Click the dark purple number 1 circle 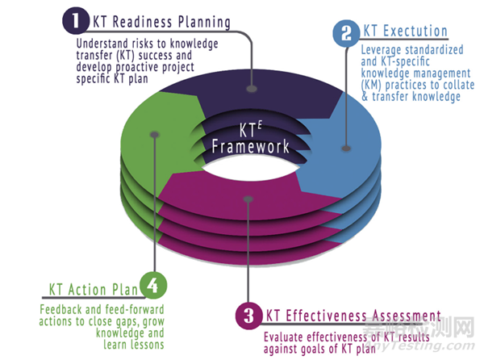coord(76,21)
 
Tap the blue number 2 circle coord(346,33)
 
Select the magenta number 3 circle coord(248,316)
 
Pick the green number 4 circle coord(153,285)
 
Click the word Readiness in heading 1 coord(142,23)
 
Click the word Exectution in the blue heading coord(415,31)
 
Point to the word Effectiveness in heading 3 coord(326,316)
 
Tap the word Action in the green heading coord(87,290)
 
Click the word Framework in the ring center coord(251,146)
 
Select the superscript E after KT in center coord(260,125)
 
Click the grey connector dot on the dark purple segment coord(252,89)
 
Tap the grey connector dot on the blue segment coord(346,149)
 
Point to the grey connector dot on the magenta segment coord(248,199)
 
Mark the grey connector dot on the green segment coord(155,135)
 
